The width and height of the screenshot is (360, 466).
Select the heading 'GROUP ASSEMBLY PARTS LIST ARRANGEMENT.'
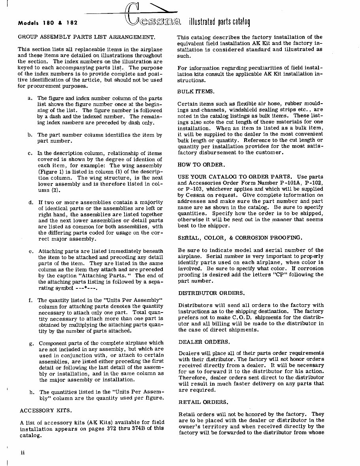pos(86,37)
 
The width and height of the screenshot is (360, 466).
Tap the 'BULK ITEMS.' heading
pos(196,91)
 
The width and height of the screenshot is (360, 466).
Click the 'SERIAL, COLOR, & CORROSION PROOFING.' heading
pos(240,238)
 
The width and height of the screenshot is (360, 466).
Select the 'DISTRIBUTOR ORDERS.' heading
pos(211,293)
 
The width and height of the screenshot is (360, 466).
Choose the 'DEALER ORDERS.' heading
pos(204,341)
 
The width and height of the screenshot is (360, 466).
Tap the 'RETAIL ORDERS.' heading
pos(203,402)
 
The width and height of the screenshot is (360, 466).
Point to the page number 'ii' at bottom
pos(23,453)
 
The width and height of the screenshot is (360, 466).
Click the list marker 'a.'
pos(30,98)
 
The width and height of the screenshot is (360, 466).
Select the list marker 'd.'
pos(30,203)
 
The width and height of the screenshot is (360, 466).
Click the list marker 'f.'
pos(30,300)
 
